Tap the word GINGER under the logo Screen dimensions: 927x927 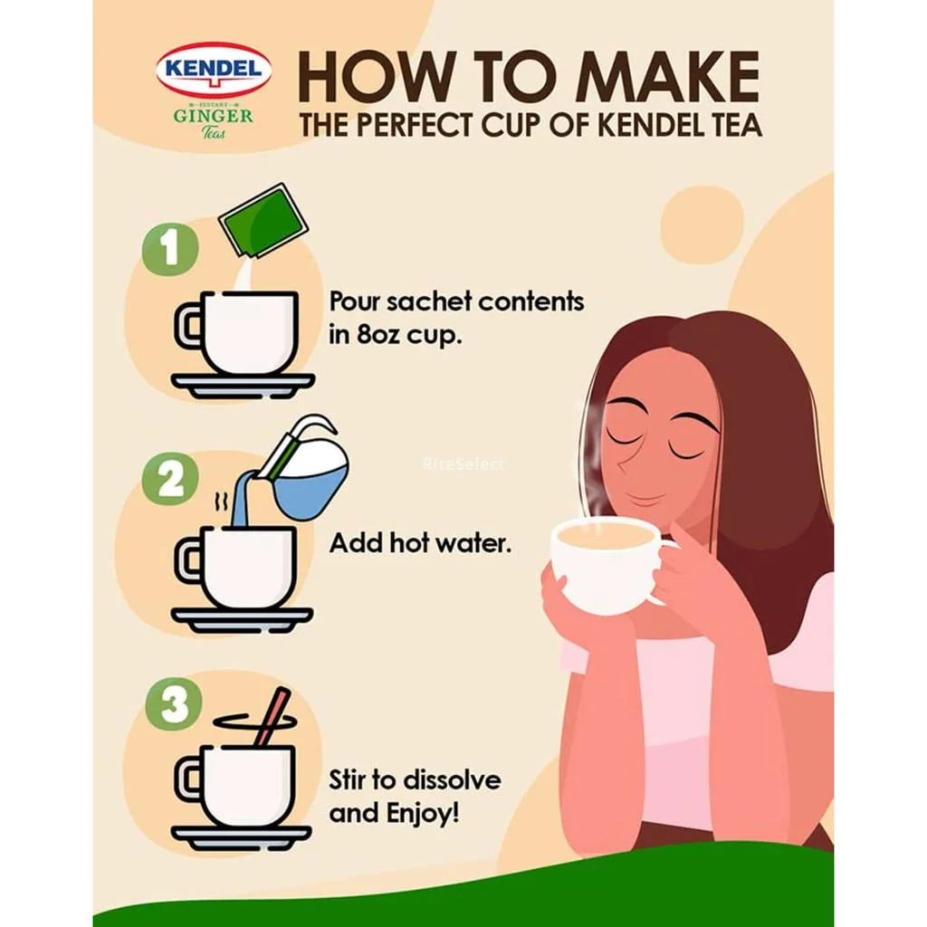pos(213,115)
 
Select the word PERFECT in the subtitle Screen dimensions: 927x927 pos(413,125)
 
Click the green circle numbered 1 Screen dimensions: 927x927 pos(170,248)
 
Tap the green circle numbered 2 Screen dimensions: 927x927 pos(170,480)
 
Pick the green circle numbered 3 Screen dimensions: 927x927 pos(174,703)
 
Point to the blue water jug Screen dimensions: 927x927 pos(305,473)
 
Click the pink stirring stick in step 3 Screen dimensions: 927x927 pos(272,718)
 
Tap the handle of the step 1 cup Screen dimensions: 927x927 pos(188,325)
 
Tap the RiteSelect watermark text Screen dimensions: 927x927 pos(464,464)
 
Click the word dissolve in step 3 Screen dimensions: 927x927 pos(453,779)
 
